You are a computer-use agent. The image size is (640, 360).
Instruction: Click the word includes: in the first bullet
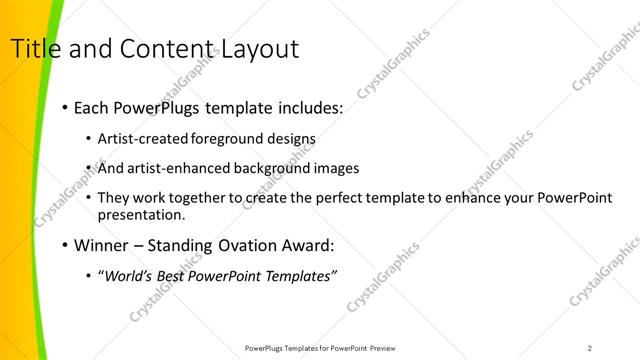point(306,105)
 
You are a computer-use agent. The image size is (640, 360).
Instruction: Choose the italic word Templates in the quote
point(302,275)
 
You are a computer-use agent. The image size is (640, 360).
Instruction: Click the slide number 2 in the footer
point(590,347)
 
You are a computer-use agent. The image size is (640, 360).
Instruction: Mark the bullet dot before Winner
point(65,245)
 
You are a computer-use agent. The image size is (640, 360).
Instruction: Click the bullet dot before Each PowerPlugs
point(65,106)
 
